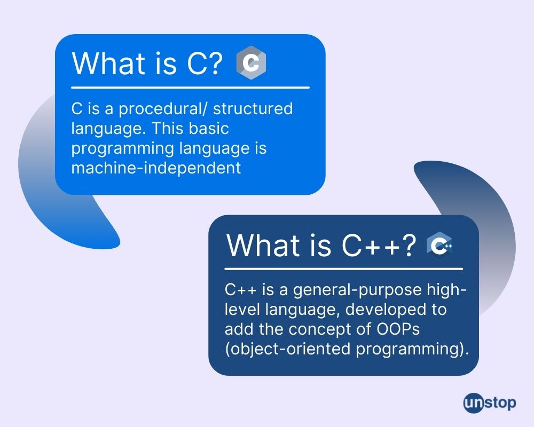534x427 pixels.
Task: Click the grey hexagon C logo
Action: coord(251,62)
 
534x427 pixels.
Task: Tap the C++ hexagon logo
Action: coord(439,246)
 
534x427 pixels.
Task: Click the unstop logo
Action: coord(490,404)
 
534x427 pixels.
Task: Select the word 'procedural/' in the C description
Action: coord(163,109)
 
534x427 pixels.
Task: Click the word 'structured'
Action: coord(253,109)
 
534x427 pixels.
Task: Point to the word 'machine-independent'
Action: coord(156,168)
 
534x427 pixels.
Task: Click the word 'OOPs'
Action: coord(398,329)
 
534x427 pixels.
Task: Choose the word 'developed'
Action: coord(387,310)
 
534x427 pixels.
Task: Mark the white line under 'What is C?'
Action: coord(191,88)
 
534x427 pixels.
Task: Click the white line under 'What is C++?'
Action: coord(343,269)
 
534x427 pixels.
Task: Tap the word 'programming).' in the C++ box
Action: coord(412,350)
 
